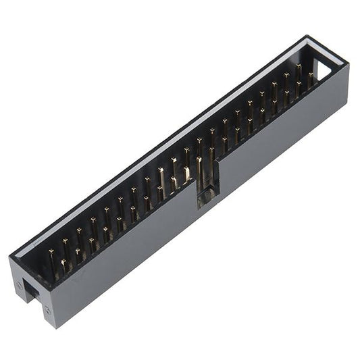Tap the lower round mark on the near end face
[47, 311]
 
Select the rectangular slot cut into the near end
[31, 291]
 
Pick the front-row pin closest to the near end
[63, 264]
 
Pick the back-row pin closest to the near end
[51, 256]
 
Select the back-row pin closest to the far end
[298, 70]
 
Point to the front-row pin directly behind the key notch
[200, 169]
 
